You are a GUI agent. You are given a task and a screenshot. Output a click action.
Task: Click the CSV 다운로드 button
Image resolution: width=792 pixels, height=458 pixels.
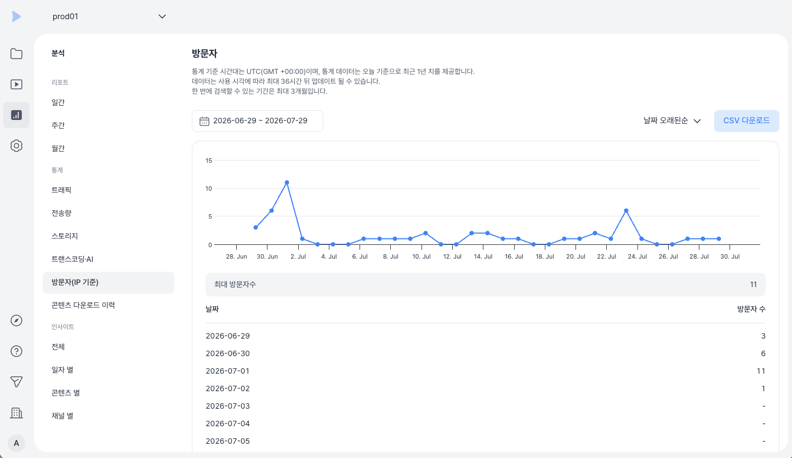coord(747,121)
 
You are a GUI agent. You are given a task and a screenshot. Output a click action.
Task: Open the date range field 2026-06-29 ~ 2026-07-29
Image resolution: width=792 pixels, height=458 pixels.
coord(258,121)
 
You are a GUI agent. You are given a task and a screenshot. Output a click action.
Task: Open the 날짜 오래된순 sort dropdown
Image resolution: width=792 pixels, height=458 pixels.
coord(672,121)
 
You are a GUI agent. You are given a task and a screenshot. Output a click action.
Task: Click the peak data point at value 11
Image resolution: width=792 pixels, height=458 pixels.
coord(287,182)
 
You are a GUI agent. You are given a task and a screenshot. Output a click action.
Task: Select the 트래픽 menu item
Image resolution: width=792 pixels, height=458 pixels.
coord(61,190)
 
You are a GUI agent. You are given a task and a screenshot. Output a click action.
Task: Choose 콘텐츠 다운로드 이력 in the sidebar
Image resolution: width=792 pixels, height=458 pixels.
coord(83,305)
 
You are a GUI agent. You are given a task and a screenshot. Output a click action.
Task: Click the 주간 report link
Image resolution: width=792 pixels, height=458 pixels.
coord(58,125)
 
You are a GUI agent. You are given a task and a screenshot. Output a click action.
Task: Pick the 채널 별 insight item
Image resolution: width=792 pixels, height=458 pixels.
coord(62,416)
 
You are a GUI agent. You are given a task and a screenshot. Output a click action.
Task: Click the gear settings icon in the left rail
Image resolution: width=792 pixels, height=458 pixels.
coord(16,146)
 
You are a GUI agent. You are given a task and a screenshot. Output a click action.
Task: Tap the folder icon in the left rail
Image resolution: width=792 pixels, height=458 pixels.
coord(16,54)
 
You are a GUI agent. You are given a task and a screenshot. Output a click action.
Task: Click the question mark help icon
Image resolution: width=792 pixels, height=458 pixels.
coord(16,351)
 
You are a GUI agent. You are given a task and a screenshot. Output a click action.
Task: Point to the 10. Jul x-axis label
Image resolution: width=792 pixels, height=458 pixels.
coord(421,256)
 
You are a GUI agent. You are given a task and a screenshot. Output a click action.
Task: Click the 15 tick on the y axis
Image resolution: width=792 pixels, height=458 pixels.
coord(209,161)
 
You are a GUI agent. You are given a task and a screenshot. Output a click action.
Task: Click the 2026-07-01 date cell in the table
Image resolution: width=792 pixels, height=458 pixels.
coord(227,371)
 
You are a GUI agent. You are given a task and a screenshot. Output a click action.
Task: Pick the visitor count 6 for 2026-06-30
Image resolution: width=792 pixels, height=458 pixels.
coord(763,353)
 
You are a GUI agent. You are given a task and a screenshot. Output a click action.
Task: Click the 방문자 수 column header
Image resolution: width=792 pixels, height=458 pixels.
coord(751,309)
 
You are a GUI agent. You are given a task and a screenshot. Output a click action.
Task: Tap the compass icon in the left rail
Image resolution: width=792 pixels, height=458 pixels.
coord(16,320)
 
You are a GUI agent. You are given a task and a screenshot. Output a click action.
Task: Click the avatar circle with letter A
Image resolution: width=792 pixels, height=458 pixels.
coord(16,443)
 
